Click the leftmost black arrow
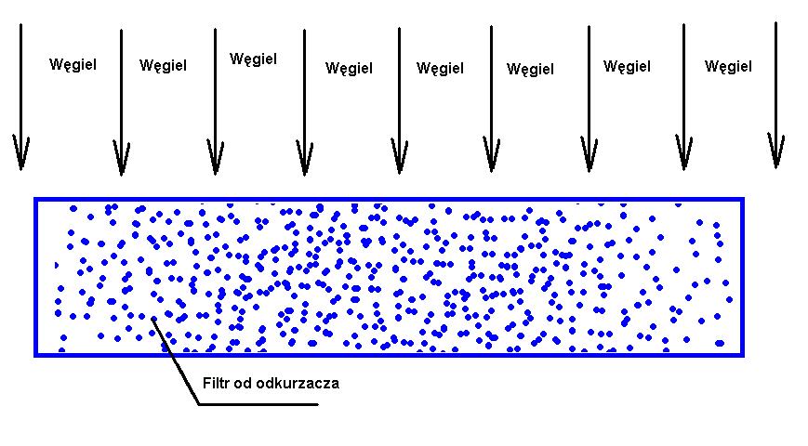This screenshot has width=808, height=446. (x=21, y=97)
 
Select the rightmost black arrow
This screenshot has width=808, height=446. (x=775, y=96)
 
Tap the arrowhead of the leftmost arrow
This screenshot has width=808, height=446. (x=21, y=153)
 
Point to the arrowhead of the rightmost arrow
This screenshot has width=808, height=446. (x=775, y=151)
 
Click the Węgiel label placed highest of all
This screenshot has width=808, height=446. (x=253, y=59)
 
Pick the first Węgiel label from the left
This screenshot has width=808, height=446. (x=73, y=65)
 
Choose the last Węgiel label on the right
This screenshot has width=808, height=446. (x=728, y=67)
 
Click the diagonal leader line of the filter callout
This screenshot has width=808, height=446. (x=175, y=361)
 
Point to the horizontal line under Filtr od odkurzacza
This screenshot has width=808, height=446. (x=258, y=404)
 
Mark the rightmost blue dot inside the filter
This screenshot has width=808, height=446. (x=729, y=300)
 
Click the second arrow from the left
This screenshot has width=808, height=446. (x=121, y=102)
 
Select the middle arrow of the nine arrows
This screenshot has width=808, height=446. (x=400, y=100)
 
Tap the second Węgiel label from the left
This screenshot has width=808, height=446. (x=163, y=66)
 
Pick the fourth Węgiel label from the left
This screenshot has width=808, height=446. (x=349, y=69)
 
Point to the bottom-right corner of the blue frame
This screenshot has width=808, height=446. (x=743, y=355)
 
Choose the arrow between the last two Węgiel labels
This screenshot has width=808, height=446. (x=683, y=97)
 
